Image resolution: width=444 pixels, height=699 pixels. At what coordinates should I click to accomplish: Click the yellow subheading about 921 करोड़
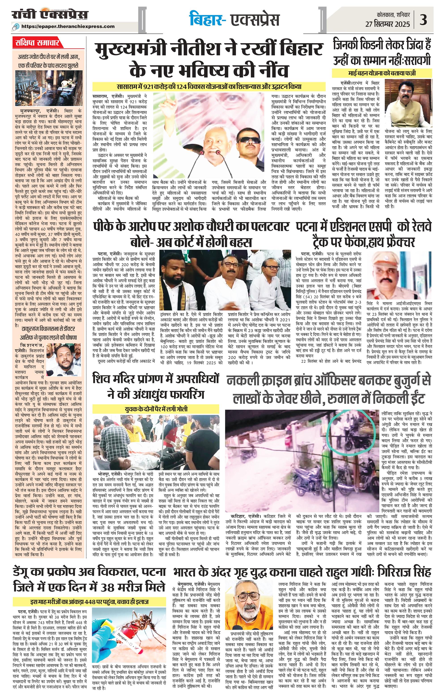coord(209,86)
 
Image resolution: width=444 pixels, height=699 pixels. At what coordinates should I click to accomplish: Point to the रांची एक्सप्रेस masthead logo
coord(49,15)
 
